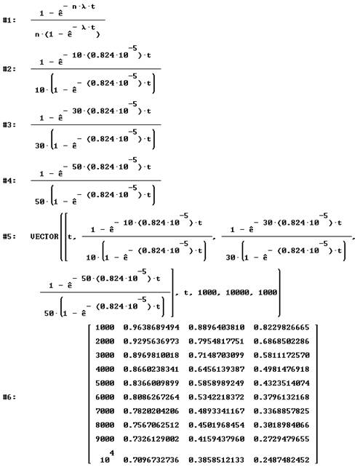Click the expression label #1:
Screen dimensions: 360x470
[x=9, y=20]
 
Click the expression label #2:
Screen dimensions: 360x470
[x=9, y=69]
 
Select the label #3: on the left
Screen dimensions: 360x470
[x=9, y=125]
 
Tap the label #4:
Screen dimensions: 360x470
[x=9, y=180]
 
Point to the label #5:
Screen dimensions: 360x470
[x=9, y=236]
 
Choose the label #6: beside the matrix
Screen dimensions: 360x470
[x=9, y=397]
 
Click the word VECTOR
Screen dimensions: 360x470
[x=44, y=236]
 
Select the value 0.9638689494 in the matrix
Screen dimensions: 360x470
[x=151, y=327]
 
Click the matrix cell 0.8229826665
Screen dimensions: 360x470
[x=281, y=327]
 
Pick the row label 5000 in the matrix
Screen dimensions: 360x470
[x=105, y=383]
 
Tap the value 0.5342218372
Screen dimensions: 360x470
[x=217, y=397]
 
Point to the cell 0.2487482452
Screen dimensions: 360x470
[x=281, y=460]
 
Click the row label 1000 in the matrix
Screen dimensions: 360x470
[x=105, y=327]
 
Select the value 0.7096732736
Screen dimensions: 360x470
[x=151, y=460]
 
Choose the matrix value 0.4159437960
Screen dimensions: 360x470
[x=217, y=439]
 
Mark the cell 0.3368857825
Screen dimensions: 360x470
[x=281, y=411]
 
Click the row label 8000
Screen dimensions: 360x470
[x=105, y=425]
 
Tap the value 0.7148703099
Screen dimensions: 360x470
[x=217, y=355]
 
